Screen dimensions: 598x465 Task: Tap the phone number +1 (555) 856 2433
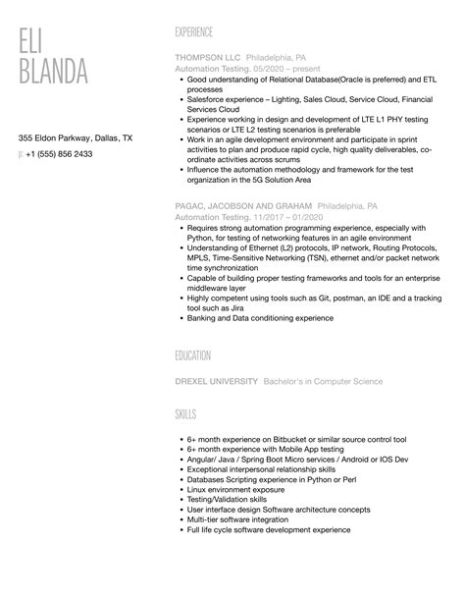[x=60, y=154]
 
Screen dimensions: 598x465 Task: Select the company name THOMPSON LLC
[x=206, y=58]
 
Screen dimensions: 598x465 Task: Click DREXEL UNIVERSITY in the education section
[x=217, y=381]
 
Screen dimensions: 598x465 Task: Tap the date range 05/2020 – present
[x=271, y=70]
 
